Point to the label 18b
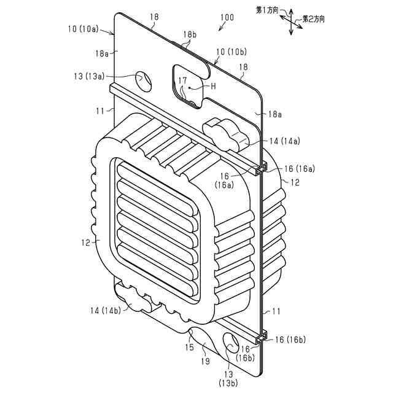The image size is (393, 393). (x=189, y=36)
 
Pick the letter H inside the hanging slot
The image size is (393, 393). (x=213, y=87)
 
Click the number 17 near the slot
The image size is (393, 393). (x=182, y=80)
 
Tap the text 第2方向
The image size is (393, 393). (x=313, y=20)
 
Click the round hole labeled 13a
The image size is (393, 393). (x=142, y=79)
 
